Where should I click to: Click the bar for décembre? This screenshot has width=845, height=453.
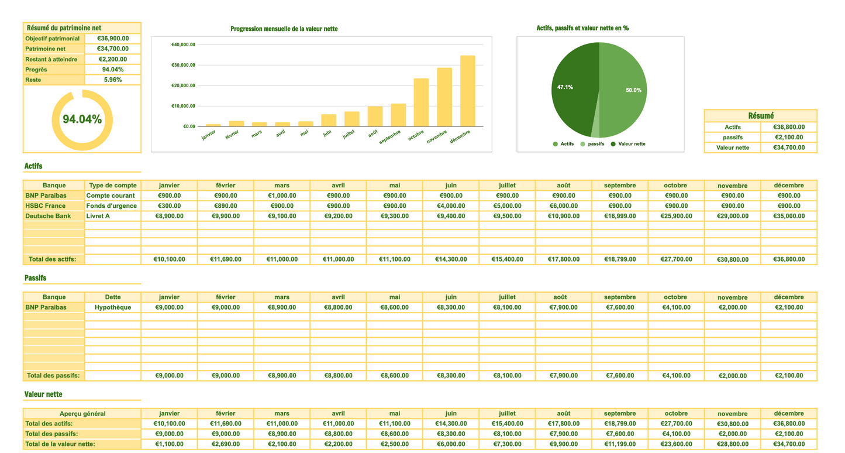[x=467, y=91]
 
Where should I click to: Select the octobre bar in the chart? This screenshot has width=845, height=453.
[x=421, y=102]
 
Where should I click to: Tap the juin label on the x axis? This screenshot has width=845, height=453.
[x=327, y=133]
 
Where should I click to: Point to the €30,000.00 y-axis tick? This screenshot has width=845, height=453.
[x=183, y=65]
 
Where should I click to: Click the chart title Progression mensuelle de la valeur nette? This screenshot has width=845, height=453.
[x=284, y=29]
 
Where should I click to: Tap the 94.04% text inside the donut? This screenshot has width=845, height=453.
[x=82, y=119]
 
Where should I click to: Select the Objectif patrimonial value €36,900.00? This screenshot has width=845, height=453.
[x=113, y=39]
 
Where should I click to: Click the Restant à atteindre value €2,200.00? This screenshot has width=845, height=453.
[x=113, y=59]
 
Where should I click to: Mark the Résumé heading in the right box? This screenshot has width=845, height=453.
[x=760, y=116]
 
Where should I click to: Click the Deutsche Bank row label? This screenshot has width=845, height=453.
[x=48, y=216]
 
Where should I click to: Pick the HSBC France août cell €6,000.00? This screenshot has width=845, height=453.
[x=563, y=206]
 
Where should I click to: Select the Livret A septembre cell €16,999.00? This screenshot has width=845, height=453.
[x=619, y=216]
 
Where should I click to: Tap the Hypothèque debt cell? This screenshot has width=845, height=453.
[x=113, y=307]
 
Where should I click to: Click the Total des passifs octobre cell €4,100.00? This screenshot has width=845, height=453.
[x=675, y=376]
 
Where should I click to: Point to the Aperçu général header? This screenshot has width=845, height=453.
[x=82, y=414]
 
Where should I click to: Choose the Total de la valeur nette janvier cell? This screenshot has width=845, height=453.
[x=169, y=444]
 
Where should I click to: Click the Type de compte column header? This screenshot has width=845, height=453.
[x=113, y=186]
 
